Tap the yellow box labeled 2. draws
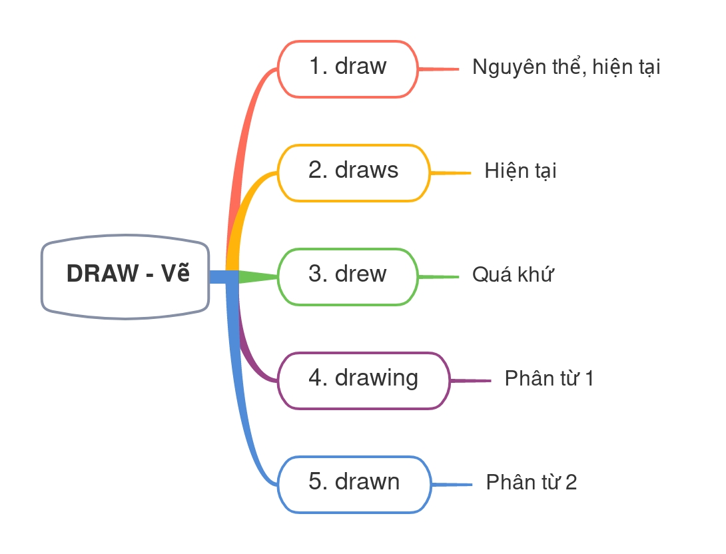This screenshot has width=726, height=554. [x=353, y=172]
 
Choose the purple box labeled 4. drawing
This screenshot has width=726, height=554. [x=363, y=380]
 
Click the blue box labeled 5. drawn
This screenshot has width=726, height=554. [x=354, y=484]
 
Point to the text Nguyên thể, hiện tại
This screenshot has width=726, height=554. [x=566, y=67]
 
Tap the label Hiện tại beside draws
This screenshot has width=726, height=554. [x=520, y=171]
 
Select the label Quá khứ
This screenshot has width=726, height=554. [x=513, y=274]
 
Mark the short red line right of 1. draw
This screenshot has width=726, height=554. [x=439, y=69]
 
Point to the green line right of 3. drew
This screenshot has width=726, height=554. [x=439, y=276]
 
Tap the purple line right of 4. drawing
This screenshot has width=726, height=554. [x=470, y=381]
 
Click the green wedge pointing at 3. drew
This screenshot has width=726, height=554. [x=256, y=276]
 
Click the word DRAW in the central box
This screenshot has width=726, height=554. [x=102, y=274]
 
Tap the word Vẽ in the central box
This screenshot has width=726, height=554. [x=176, y=273]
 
